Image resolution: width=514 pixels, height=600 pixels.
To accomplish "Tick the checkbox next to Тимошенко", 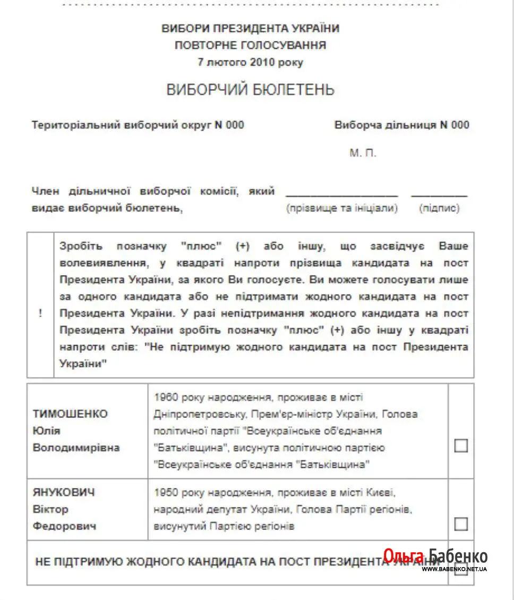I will point(461,445).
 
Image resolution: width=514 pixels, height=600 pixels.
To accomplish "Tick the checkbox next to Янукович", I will point(461,524).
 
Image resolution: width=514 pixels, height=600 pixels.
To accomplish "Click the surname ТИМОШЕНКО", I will point(70,414).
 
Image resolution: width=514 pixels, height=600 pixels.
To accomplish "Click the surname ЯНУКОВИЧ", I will point(64,492).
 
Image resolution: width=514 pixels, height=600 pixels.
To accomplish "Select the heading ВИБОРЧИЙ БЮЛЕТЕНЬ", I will point(251,90).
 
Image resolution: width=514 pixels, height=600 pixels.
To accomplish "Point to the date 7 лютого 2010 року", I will point(251,62).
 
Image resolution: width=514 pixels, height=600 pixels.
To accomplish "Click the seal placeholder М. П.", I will point(363,153).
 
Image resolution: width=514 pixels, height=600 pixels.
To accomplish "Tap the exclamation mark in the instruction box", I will point(40,313).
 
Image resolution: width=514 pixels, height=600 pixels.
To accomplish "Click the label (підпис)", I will point(439,208).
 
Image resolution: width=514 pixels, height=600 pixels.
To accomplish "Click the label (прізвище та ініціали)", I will point(342,208).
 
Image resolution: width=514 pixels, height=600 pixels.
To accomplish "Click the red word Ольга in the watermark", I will point(404,556).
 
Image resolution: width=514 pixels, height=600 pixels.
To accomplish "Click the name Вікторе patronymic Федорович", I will point(65,526).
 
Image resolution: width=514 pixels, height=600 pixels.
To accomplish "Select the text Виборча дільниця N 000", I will point(402,125).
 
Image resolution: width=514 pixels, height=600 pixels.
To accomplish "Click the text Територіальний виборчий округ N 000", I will point(138,125).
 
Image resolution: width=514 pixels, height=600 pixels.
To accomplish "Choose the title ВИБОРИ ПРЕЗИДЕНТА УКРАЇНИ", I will point(251,29).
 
